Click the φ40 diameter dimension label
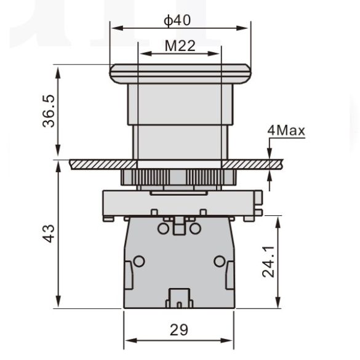178,19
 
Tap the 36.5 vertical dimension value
48,111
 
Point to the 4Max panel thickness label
286,130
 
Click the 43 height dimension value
49,233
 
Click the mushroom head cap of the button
180,74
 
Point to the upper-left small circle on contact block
163,229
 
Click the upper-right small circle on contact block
195,229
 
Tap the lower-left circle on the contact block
139,261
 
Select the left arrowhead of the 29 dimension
127,341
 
